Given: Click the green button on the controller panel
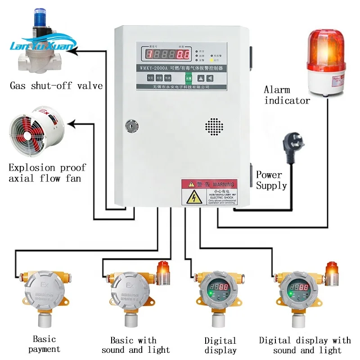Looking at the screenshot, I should pos(188,77).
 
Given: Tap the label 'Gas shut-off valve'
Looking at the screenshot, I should pos(56,85).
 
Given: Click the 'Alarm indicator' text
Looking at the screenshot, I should pos(287,95).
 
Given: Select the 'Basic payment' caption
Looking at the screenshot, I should pos(44,344).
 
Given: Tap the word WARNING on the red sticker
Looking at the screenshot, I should pos(224,184).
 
